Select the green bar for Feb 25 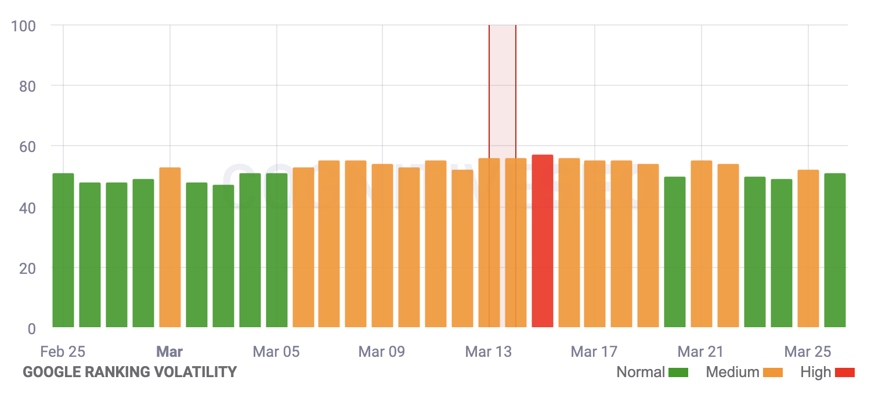click(x=63, y=250)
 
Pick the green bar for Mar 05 click(x=277, y=250)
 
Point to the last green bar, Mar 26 click(x=834, y=250)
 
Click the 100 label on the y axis click(x=23, y=26)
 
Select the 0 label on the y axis click(x=31, y=329)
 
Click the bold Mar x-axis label click(x=170, y=352)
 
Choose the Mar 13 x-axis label click(x=489, y=352)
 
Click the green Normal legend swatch click(x=678, y=372)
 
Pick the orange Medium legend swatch click(x=773, y=372)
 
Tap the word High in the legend click(x=815, y=372)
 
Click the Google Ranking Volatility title click(x=129, y=372)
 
